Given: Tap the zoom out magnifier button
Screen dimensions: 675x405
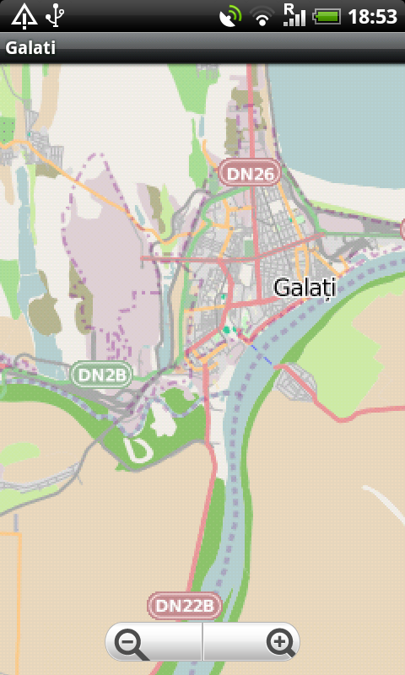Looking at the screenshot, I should (132, 644).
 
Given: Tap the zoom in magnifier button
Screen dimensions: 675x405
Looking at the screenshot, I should (280, 644).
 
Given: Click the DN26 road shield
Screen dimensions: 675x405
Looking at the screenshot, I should (251, 174).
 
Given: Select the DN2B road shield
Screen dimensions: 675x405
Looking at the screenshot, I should (100, 375).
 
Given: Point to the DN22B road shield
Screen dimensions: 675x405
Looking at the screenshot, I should (184, 605).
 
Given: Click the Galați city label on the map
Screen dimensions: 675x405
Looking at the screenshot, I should (305, 288).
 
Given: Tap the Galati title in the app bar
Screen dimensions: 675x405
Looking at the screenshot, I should (30, 48).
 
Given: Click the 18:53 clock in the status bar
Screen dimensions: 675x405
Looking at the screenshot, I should (372, 16).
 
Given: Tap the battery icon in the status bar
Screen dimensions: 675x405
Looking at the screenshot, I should (327, 16).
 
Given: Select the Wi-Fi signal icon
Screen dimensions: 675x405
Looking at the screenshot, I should (263, 16).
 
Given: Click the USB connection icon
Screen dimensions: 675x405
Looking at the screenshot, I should (56, 15).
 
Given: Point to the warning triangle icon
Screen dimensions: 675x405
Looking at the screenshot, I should (24, 15).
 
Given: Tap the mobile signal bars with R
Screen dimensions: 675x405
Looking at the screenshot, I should (294, 14).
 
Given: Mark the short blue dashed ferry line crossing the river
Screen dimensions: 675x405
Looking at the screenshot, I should (262, 356).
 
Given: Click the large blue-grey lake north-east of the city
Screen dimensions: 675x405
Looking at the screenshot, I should (337, 127).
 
